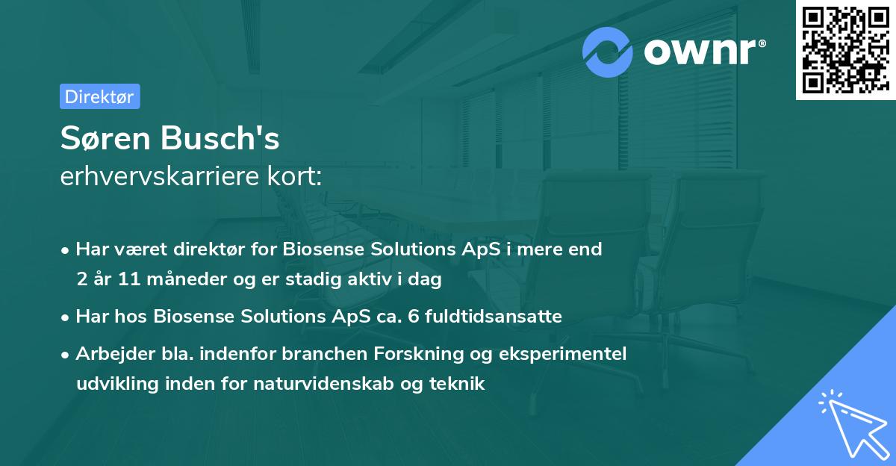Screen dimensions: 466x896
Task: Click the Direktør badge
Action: (99, 96)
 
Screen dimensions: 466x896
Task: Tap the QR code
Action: (845, 49)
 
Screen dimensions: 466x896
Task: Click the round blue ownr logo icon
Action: (608, 52)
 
